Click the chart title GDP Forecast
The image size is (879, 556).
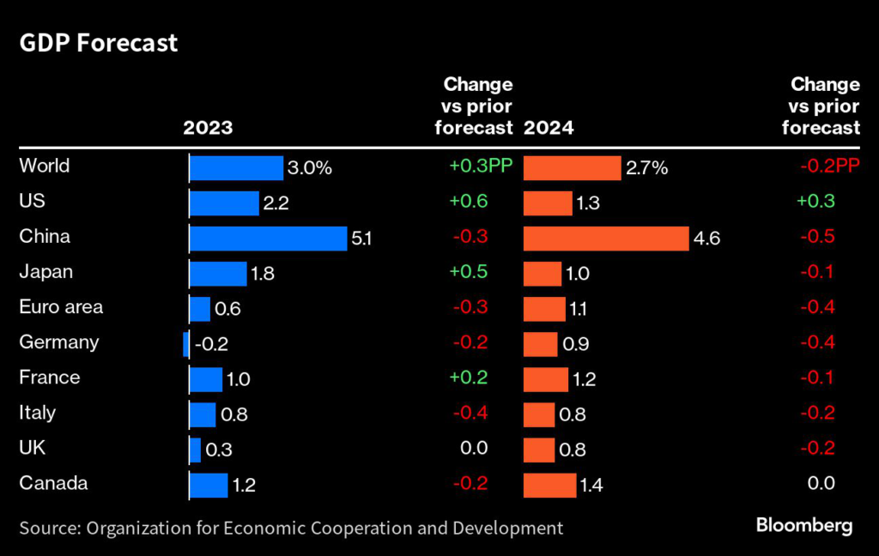[x=99, y=43]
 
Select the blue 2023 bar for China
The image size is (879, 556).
[x=268, y=238]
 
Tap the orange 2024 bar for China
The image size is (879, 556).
[x=605, y=238]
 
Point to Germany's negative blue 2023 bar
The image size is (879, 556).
[x=185, y=343]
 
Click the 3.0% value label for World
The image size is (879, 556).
[x=310, y=168]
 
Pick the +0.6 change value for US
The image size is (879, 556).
[x=469, y=201]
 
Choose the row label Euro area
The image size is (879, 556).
[x=61, y=306]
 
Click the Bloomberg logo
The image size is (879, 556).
[x=804, y=526]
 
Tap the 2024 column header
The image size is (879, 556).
[x=549, y=128]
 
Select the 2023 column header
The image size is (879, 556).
[x=208, y=128]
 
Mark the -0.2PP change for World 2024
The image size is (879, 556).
[x=829, y=166]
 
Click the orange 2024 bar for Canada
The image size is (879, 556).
[x=549, y=485]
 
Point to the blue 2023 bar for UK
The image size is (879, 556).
[x=195, y=450]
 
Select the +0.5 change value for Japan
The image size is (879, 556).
[x=469, y=271]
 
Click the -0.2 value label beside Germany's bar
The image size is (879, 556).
[x=211, y=344]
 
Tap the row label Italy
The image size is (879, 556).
[x=37, y=412]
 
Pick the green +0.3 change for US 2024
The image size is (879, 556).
[x=815, y=201]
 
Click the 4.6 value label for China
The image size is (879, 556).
[x=706, y=239]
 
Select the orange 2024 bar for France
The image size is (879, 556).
[x=545, y=378]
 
